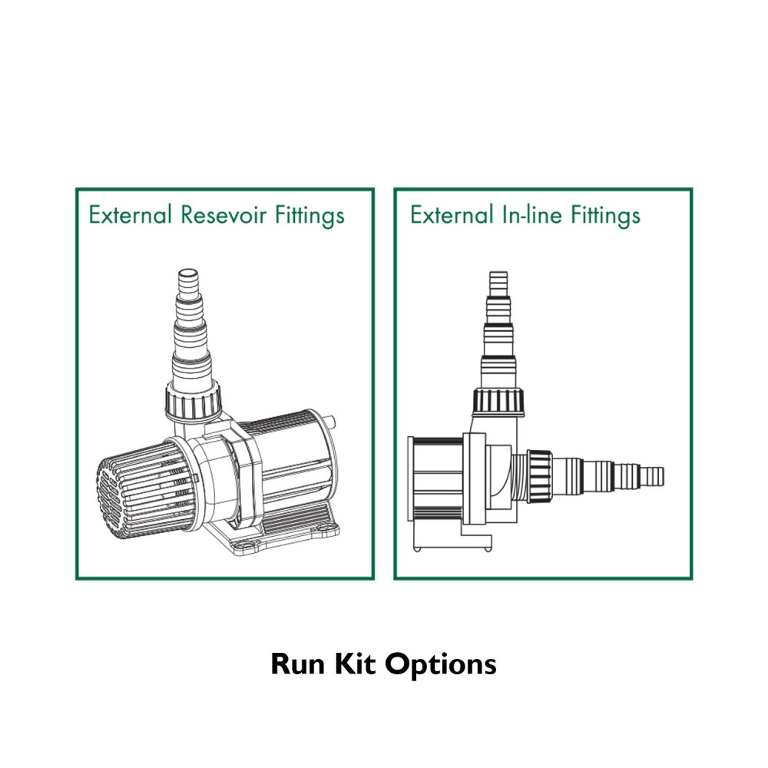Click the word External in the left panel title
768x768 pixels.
131,214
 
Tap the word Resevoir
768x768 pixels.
223,214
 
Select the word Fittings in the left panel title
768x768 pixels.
310,216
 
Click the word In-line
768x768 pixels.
532,214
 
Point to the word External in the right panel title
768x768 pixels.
452,214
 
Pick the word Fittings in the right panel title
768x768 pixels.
606,216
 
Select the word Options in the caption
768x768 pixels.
441,666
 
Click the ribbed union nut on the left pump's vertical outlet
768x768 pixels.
193,399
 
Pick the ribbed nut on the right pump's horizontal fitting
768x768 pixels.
539,476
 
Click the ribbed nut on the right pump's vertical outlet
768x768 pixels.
498,402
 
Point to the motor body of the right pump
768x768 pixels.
436,479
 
